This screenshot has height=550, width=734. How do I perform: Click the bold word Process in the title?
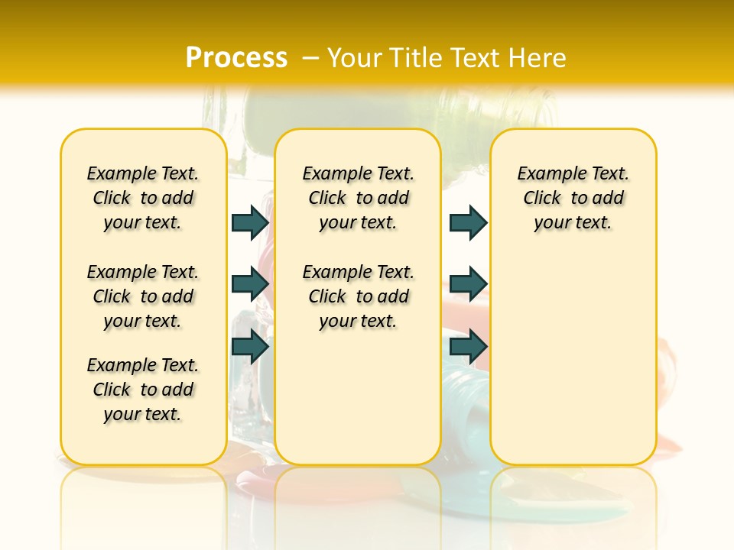[236, 57]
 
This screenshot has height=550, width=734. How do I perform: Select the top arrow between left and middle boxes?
[250, 222]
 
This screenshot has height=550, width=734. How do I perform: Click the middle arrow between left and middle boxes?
[250, 284]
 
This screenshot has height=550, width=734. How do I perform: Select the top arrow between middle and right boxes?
[468, 222]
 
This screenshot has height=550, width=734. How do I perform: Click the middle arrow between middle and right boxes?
[468, 284]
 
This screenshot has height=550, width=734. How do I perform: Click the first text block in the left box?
[143, 198]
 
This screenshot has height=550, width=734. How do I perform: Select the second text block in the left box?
[143, 296]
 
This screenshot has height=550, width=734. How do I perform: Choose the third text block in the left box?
[143, 390]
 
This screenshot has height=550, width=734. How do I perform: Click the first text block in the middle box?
[358, 198]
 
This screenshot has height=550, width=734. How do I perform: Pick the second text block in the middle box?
[358, 296]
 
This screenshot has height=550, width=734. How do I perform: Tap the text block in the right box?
[573, 198]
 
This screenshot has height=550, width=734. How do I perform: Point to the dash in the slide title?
[310, 57]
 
